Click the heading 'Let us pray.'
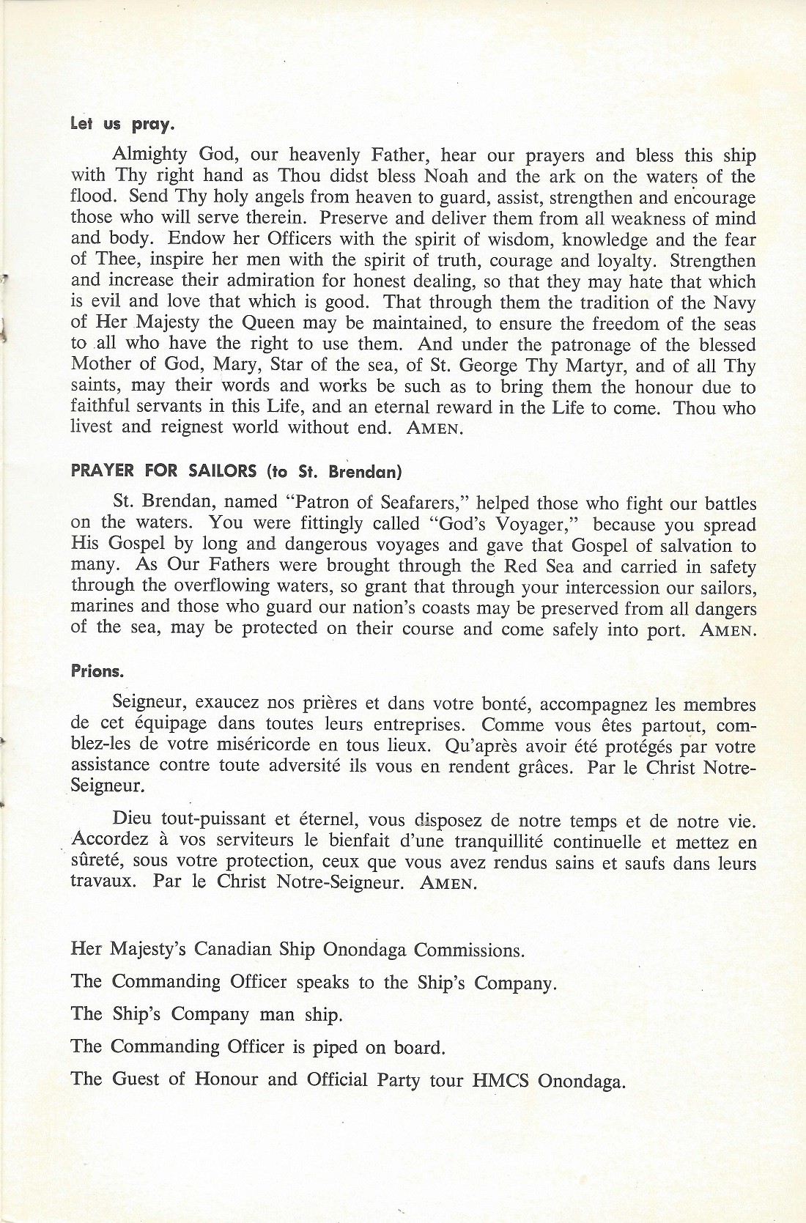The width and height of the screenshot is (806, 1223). [x=122, y=125]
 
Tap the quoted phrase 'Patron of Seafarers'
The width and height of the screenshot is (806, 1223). [x=382, y=503]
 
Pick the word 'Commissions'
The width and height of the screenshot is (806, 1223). [x=469, y=950]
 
